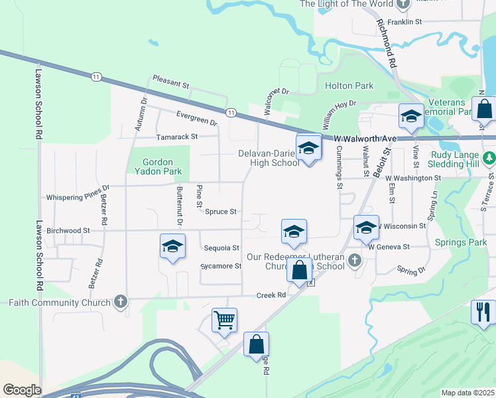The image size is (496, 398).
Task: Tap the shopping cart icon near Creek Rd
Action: click(224, 319)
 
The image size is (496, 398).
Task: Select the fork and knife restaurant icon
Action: click(483, 311)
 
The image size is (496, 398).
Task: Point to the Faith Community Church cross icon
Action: click(120, 302)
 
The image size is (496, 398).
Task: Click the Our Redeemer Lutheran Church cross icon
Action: click(355, 260)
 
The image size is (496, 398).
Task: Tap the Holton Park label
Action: click(349, 86)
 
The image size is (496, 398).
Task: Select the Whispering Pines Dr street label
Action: click(77, 198)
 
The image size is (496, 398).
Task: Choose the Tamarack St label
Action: click(177, 136)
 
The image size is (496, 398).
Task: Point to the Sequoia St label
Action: click(222, 247)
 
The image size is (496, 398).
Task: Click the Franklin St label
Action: click(405, 22)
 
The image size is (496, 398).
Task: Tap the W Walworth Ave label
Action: click(365, 138)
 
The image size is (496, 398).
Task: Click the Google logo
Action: click(22, 390)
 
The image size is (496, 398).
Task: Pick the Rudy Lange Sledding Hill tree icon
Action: click(489, 158)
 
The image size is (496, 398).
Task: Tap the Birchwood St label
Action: click(68, 230)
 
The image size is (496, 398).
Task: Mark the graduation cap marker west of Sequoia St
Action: click(172, 247)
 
